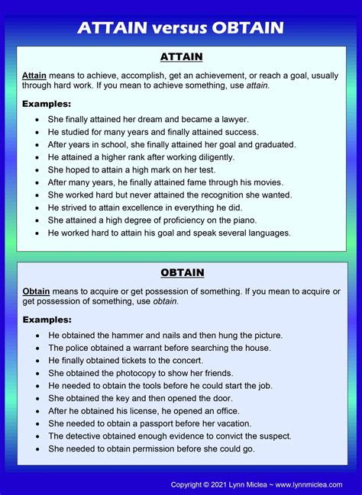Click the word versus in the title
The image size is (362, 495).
tap(182, 28)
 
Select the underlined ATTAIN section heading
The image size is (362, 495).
tap(181, 56)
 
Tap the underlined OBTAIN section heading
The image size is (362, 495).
tap(181, 272)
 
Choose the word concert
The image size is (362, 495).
tap(186, 360)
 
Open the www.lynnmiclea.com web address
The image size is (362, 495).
tap(309, 484)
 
